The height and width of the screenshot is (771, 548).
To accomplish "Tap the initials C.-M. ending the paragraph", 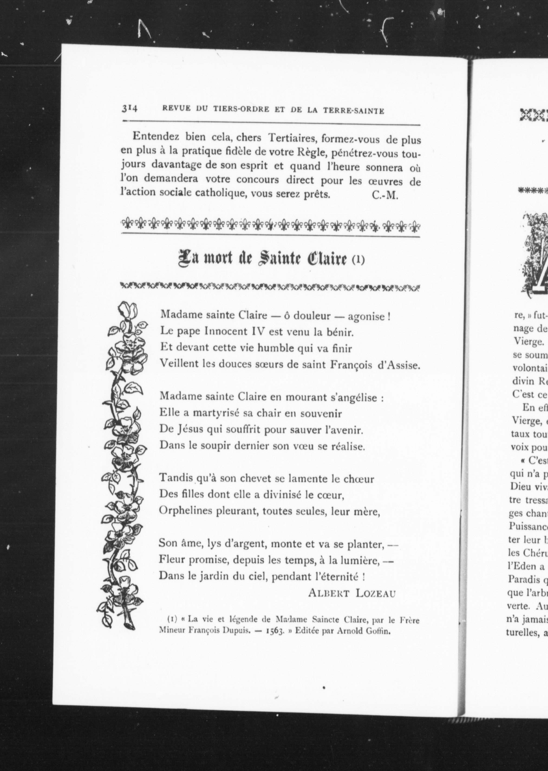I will coord(385,196).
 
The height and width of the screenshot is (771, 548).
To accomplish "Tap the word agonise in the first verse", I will coord(366,316).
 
